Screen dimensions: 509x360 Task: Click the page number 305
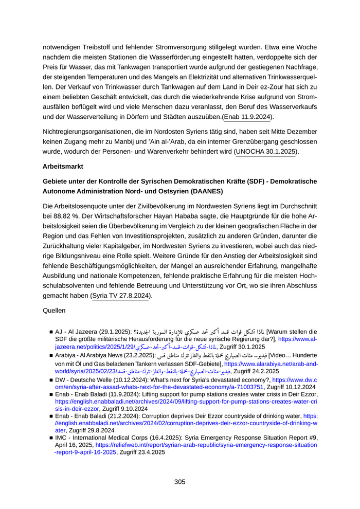click(x=179, y=482)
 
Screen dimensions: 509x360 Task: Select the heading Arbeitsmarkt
click(x=63, y=167)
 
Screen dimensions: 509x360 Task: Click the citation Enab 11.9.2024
click(x=249, y=117)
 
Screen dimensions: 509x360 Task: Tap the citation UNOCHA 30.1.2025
click(x=266, y=152)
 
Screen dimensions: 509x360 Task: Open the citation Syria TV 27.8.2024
click(x=121, y=296)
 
